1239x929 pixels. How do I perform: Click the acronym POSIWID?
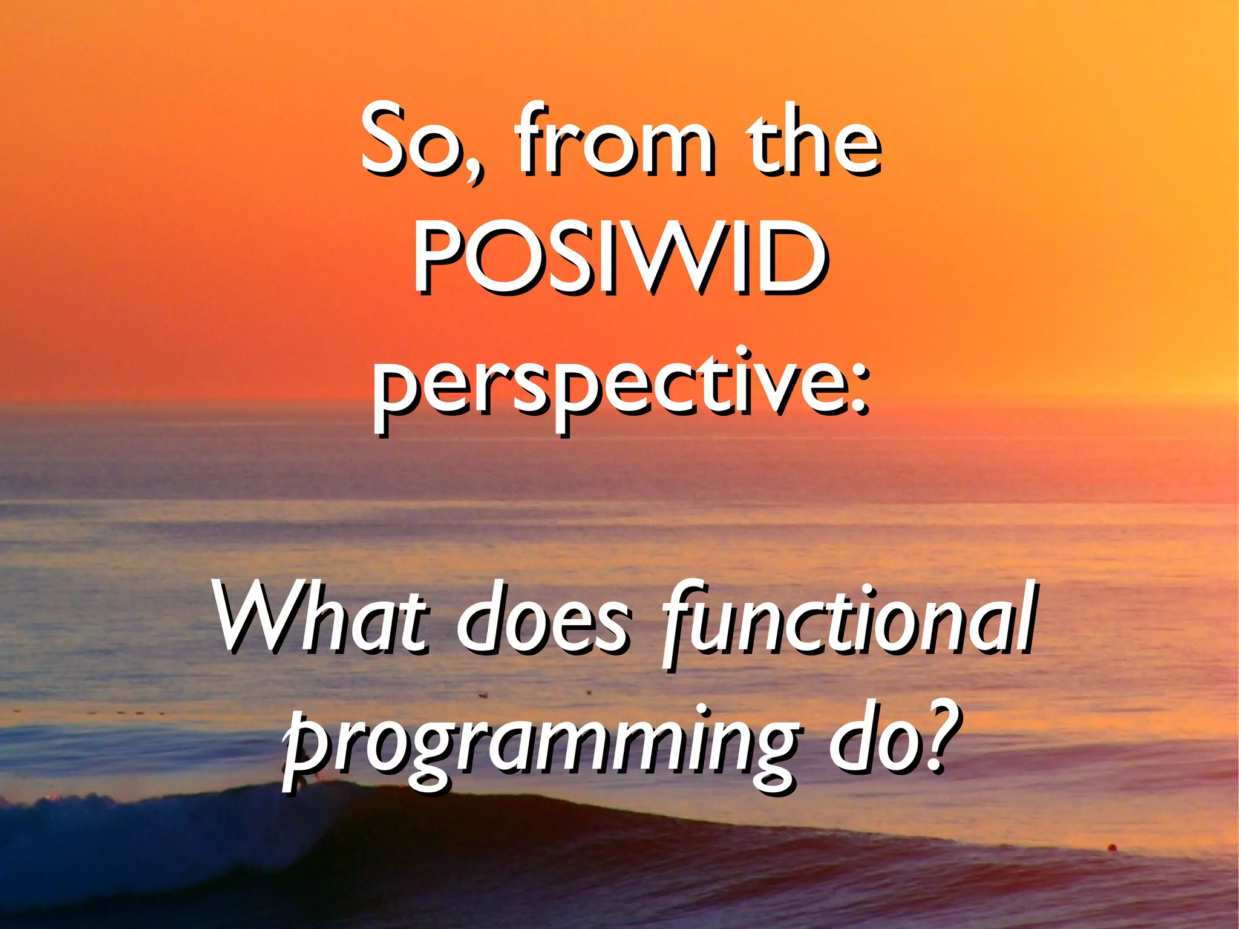pos(619,257)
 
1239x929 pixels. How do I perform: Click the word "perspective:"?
pos(619,387)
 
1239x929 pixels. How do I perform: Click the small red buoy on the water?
pos(1111,847)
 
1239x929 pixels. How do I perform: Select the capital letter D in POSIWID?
pos(786,257)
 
